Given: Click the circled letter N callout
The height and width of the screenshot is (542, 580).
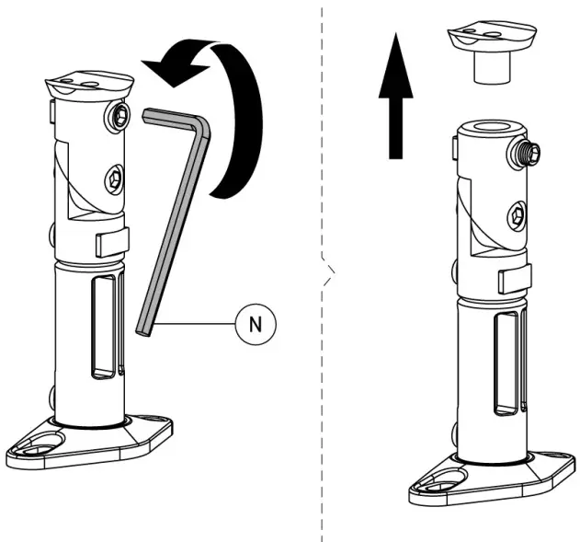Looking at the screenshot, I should point(254,323).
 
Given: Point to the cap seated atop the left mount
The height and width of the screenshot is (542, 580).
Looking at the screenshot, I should point(87,87).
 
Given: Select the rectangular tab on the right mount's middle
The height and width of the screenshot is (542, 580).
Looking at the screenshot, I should point(511,279).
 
